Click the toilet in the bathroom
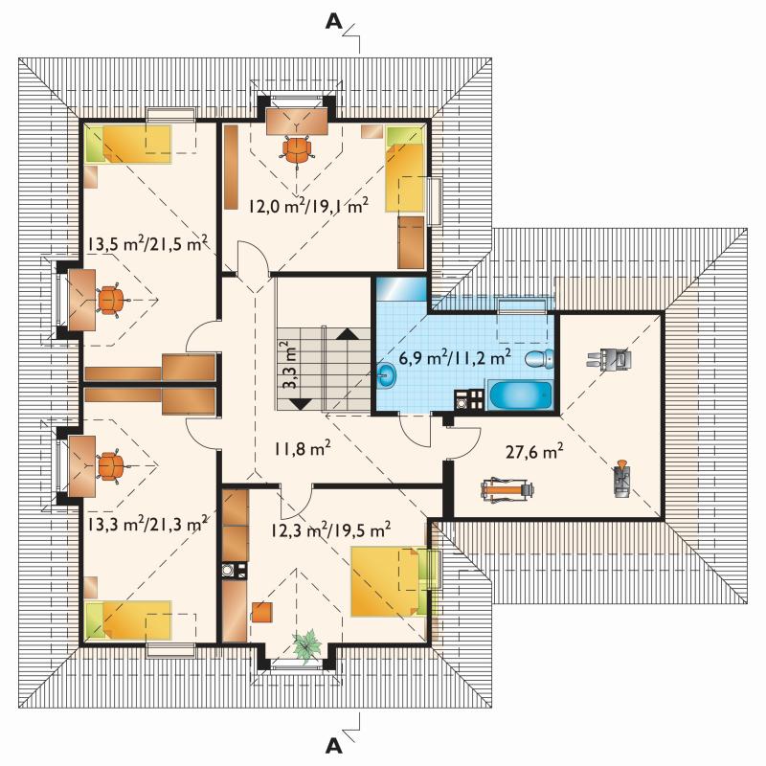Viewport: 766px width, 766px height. coord(539,359)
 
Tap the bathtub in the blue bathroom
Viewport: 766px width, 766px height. coord(521,395)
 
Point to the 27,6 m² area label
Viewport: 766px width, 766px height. coord(534,451)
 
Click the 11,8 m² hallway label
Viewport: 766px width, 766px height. coord(302,447)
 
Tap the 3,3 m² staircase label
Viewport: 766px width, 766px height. coord(291,365)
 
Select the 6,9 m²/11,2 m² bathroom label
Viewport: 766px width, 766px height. coord(455,357)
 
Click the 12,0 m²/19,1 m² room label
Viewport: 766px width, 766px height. coord(308,206)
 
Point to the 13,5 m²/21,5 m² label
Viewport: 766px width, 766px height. coord(148,243)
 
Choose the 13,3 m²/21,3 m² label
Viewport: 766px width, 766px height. coord(148,525)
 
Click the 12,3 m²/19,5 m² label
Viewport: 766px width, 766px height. coord(330,529)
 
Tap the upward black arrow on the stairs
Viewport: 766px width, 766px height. coord(348,333)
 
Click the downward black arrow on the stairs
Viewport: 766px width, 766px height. coord(301,404)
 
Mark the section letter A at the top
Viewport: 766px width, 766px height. coord(334,21)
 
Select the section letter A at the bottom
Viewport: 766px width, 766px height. coord(334,746)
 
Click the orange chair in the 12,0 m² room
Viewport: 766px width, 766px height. coord(297,148)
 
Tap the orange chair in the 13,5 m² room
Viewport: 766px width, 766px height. coord(112,300)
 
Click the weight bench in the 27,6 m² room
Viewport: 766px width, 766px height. coord(507,489)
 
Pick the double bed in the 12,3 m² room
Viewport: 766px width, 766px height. coord(389,581)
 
